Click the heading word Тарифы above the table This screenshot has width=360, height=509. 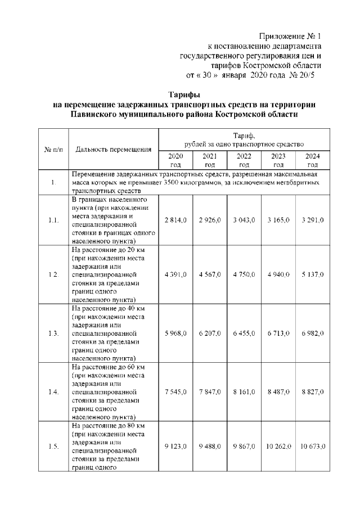pyautogui.click(x=184, y=94)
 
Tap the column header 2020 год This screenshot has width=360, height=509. pyautogui.click(x=175, y=160)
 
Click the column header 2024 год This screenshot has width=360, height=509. pyautogui.click(x=313, y=160)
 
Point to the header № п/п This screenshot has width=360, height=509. pyautogui.click(x=53, y=150)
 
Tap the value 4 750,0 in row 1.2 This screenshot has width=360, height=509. pyautogui.click(x=244, y=274)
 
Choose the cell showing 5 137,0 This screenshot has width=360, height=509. pyautogui.click(x=313, y=274)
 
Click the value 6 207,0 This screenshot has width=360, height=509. pyautogui.click(x=210, y=334)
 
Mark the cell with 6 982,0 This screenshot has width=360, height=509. pyautogui.click(x=313, y=334)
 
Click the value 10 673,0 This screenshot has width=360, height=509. pyautogui.click(x=313, y=447)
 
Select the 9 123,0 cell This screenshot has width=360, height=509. pyautogui.click(x=175, y=447)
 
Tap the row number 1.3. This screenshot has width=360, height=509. pyautogui.click(x=53, y=334)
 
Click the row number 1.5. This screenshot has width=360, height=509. pyautogui.click(x=53, y=447)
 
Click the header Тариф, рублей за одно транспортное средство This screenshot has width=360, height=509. pyautogui.click(x=244, y=140)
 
